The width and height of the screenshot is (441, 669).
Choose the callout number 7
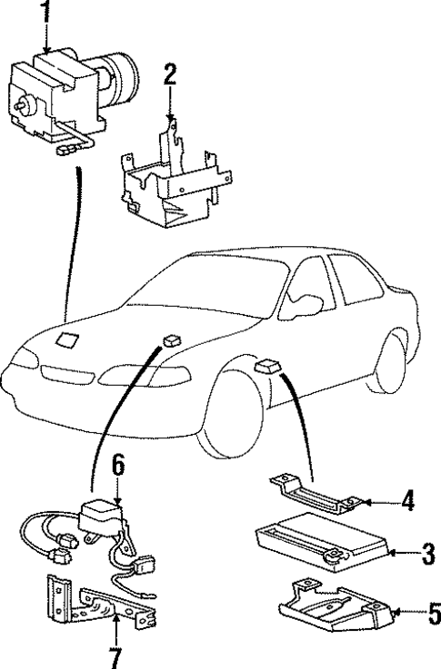click(x=115, y=656)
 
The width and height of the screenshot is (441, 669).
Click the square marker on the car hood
click(x=66, y=341)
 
